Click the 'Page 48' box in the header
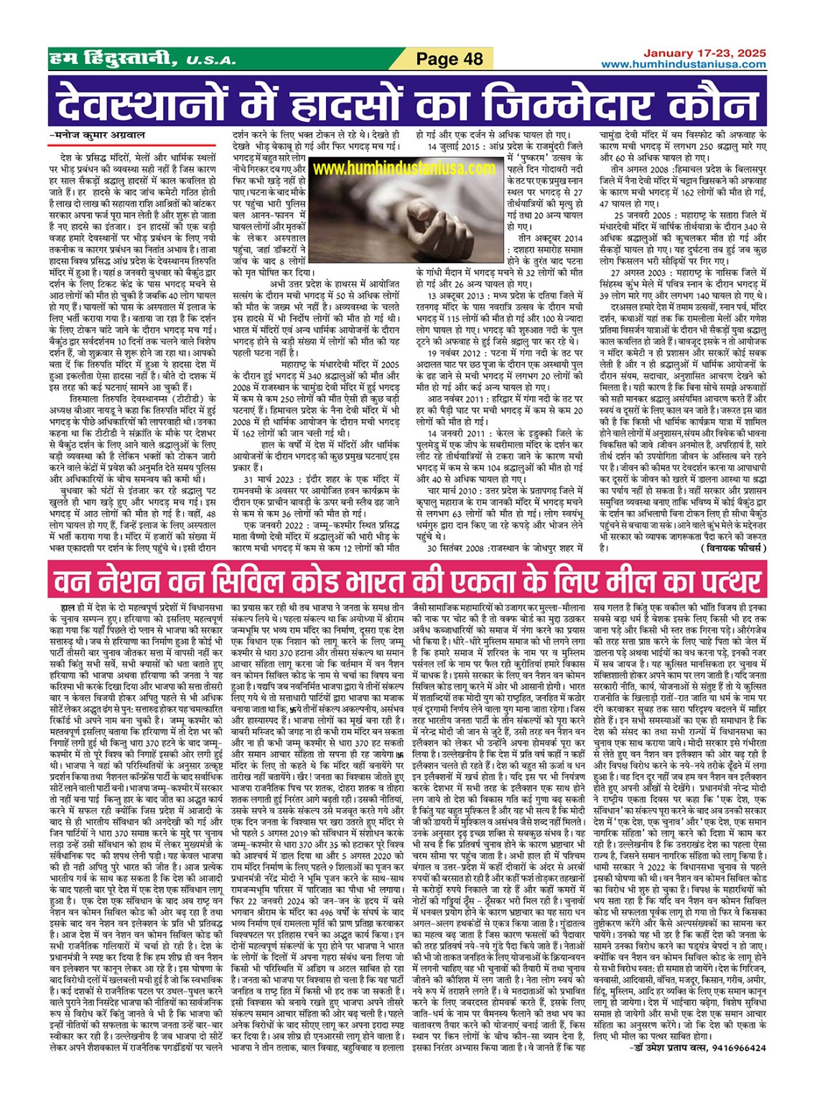tap(450, 59)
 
